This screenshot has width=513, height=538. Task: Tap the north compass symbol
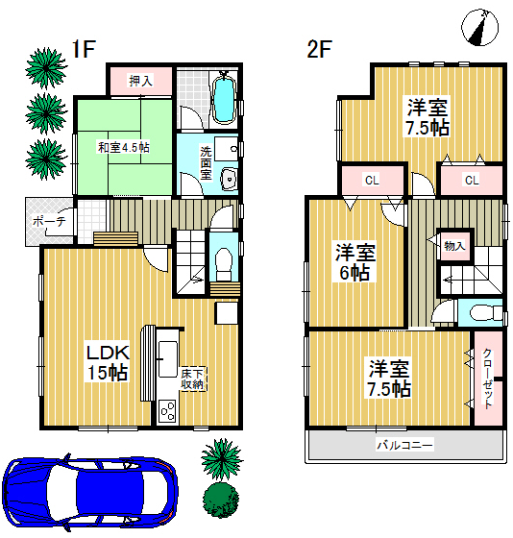click(479, 28)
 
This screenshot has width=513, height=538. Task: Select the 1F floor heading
click(84, 49)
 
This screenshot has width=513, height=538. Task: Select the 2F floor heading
click(319, 49)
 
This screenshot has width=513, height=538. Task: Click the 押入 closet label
click(140, 81)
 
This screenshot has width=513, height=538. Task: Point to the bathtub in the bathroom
click(224, 100)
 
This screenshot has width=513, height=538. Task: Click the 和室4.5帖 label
click(124, 148)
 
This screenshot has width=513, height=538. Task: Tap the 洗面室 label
click(206, 162)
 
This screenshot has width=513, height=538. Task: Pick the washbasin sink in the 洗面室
click(229, 179)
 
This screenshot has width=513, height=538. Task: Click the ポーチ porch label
click(49, 221)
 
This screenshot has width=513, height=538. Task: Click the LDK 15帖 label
click(108, 363)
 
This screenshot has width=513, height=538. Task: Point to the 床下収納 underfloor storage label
click(192, 379)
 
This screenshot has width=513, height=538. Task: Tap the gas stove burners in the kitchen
click(167, 411)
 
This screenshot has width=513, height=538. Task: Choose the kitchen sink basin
click(168, 359)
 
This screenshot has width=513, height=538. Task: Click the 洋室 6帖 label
click(355, 262)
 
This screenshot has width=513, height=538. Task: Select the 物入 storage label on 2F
click(454, 246)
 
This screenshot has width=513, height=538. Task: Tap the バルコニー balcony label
click(404, 446)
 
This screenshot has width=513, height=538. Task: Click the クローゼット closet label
click(488, 379)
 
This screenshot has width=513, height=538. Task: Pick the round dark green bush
click(221, 500)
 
